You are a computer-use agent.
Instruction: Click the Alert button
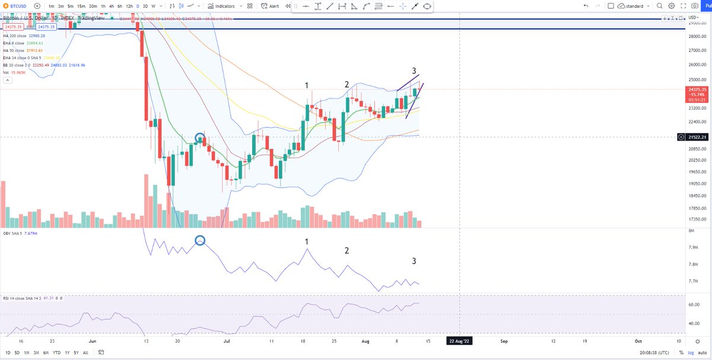pyautogui.click(x=271, y=6)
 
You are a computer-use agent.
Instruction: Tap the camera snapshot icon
pyautogui.click(x=696, y=6)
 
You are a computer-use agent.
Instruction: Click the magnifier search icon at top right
pyautogui.click(x=659, y=6)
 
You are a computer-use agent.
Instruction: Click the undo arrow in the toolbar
pyautogui.click(x=586, y=6)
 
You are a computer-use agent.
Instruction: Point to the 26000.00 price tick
pyautogui.click(x=697, y=65)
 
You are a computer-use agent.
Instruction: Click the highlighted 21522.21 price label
pyautogui.click(x=697, y=137)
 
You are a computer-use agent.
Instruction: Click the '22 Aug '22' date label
pyautogui.click(x=460, y=341)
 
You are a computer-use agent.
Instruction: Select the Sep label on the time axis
pyautogui.click(x=504, y=341)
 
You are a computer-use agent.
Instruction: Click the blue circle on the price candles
pyautogui.click(x=199, y=138)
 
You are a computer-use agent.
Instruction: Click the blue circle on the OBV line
pyautogui.click(x=200, y=240)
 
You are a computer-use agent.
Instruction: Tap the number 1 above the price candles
pyautogui.click(x=307, y=85)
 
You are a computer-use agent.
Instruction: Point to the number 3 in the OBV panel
pyautogui.click(x=414, y=261)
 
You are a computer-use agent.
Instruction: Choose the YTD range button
pyautogui.click(x=56, y=352)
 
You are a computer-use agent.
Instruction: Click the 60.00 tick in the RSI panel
pyautogui.click(x=693, y=304)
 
